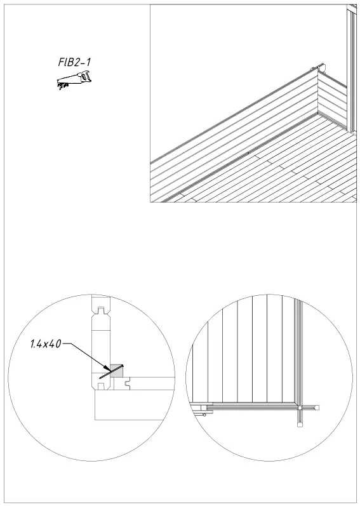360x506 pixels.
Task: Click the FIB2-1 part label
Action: coord(75,63)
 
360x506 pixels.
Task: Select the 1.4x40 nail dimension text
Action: coord(45,345)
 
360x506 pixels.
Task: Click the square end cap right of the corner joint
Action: coord(313,405)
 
